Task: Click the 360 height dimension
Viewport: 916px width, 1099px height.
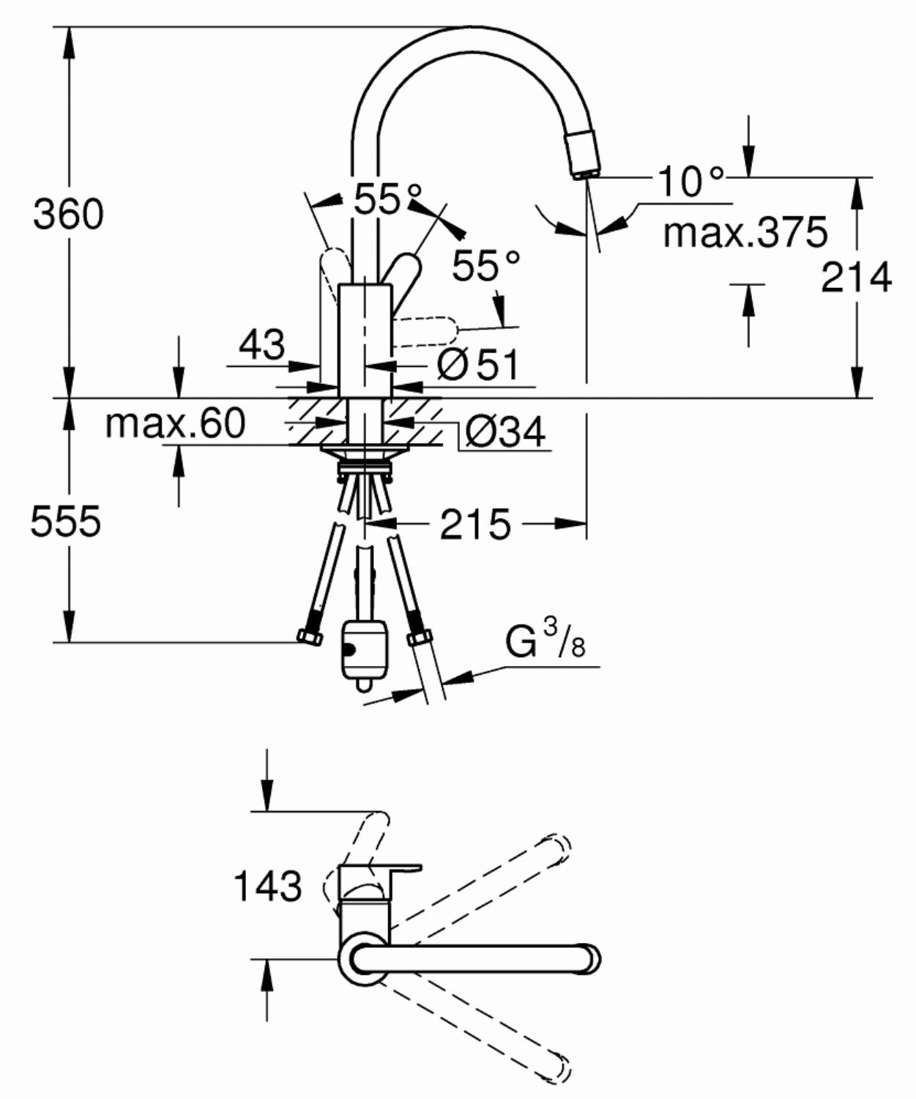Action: [x=68, y=215]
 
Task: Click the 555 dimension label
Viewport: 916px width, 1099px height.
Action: [x=66, y=521]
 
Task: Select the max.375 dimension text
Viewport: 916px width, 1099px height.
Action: [x=745, y=232]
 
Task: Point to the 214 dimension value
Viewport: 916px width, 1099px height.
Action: [x=856, y=278]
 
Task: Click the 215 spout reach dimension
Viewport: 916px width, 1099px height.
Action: [x=475, y=525]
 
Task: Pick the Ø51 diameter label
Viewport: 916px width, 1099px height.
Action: [x=477, y=364]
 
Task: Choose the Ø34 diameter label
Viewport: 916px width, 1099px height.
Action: [x=506, y=432]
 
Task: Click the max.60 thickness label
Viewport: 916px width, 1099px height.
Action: [x=175, y=423]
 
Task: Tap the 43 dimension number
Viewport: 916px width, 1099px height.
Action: [x=261, y=345]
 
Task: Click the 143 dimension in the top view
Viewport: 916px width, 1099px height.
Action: [x=267, y=886]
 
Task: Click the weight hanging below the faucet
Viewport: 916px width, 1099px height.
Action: [x=364, y=654]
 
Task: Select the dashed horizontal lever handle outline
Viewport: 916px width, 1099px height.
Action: [x=425, y=332]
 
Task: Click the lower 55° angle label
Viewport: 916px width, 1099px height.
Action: [x=486, y=265]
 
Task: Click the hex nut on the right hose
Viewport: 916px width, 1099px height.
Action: [x=420, y=638]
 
